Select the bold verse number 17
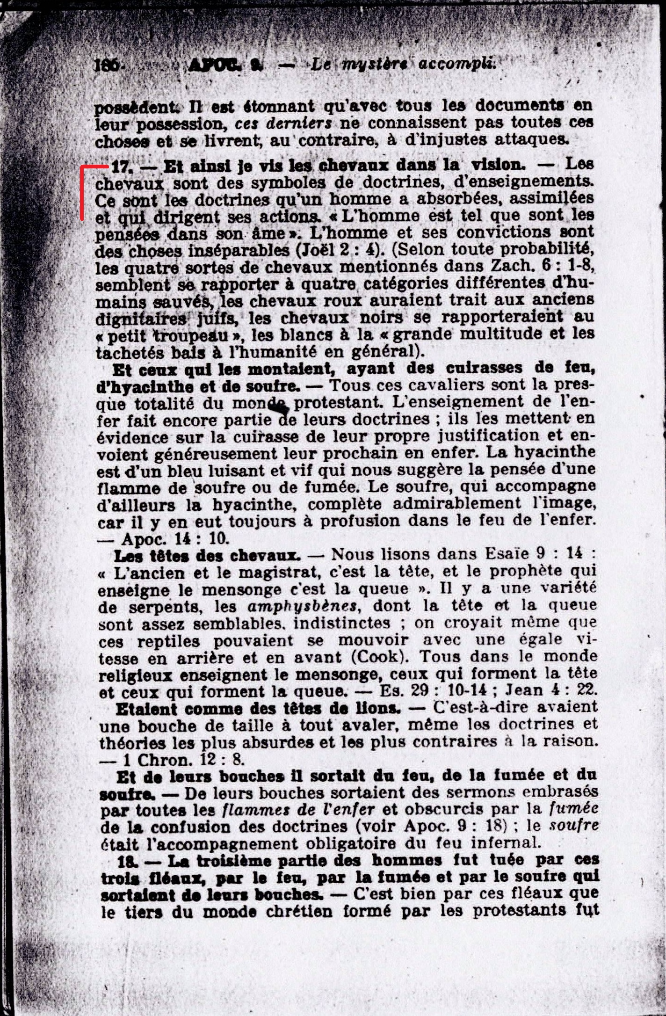[x=123, y=166]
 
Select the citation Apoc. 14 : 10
[x=175, y=539]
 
